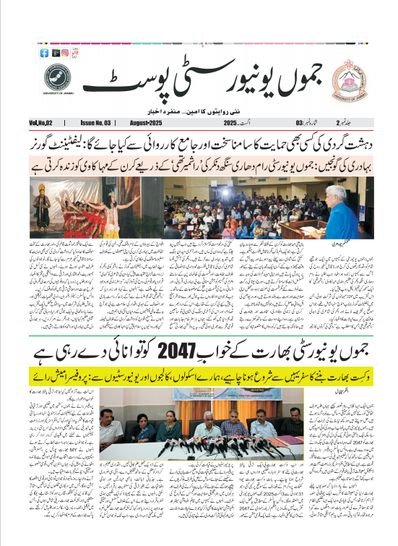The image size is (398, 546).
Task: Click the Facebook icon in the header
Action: click(44, 53)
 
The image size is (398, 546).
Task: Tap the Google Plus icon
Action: click(54, 53)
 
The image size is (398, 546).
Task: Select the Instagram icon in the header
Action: click(64, 53)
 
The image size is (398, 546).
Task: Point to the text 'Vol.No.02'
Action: click(43, 124)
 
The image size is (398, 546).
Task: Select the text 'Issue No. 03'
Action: click(96, 124)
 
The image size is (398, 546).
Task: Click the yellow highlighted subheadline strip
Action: click(198, 377)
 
